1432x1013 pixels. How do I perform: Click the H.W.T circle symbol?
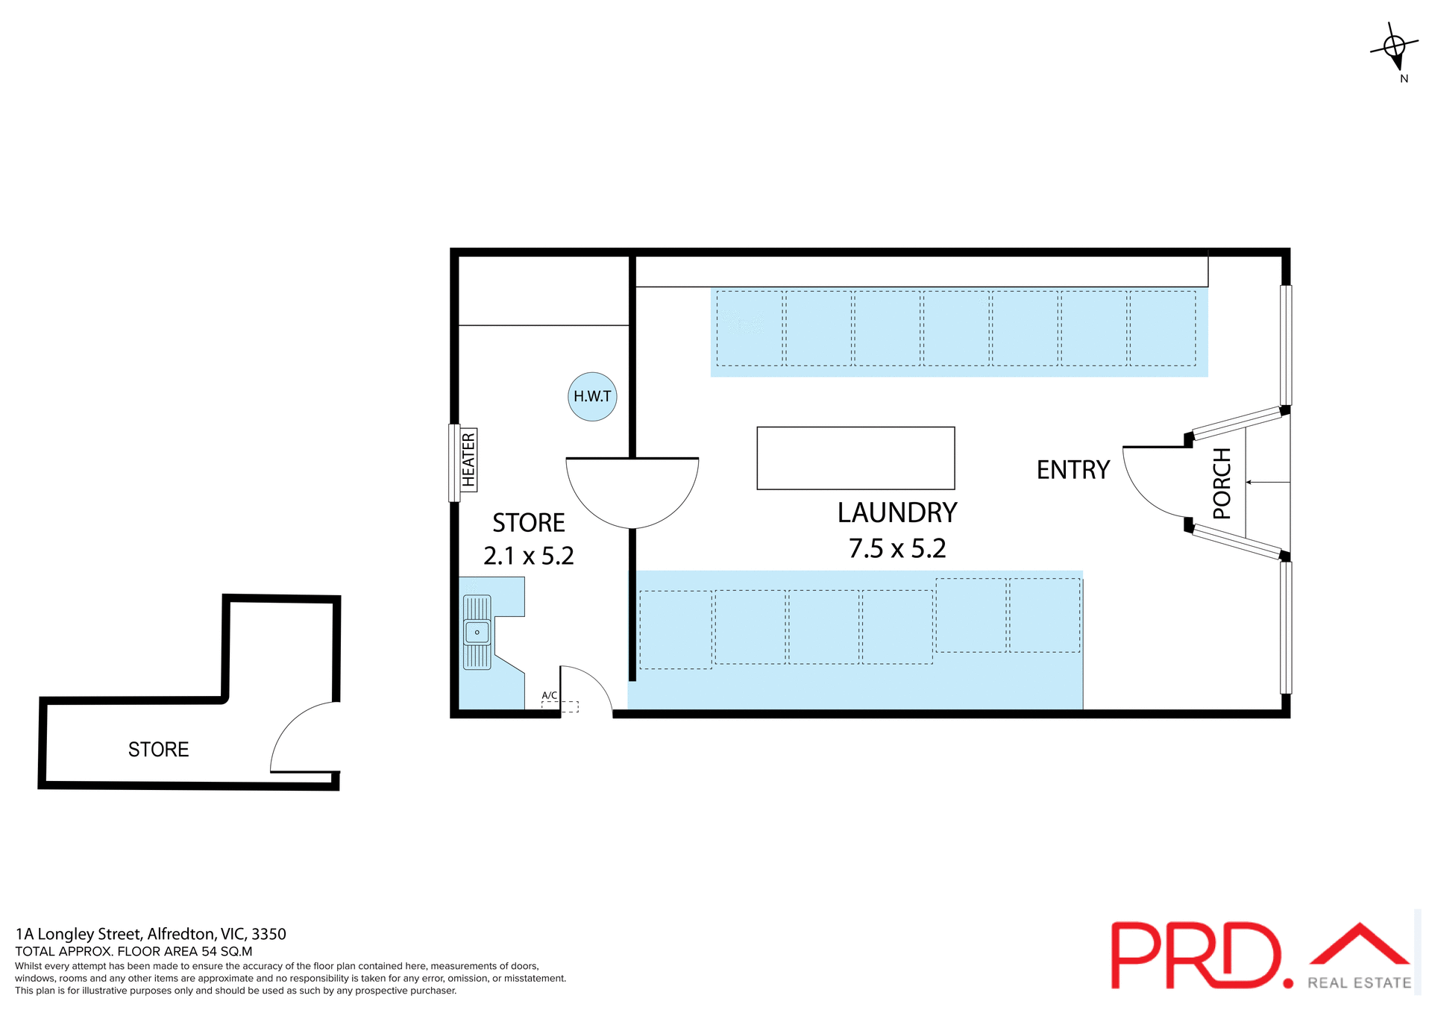[592, 397]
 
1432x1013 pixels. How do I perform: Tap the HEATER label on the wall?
[468, 460]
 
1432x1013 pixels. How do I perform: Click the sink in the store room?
[477, 633]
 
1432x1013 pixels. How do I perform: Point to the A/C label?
[550, 695]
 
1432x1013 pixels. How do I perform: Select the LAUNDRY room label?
[897, 513]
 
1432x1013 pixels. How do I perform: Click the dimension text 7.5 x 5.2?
[897, 549]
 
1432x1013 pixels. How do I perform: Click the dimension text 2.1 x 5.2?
[529, 556]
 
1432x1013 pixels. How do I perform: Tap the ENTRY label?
[1073, 470]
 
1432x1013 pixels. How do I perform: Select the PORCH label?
[1222, 483]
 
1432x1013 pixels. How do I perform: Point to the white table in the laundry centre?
[855, 458]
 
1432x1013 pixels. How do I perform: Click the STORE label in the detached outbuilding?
[158, 750]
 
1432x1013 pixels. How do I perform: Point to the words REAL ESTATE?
[1359, 983]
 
